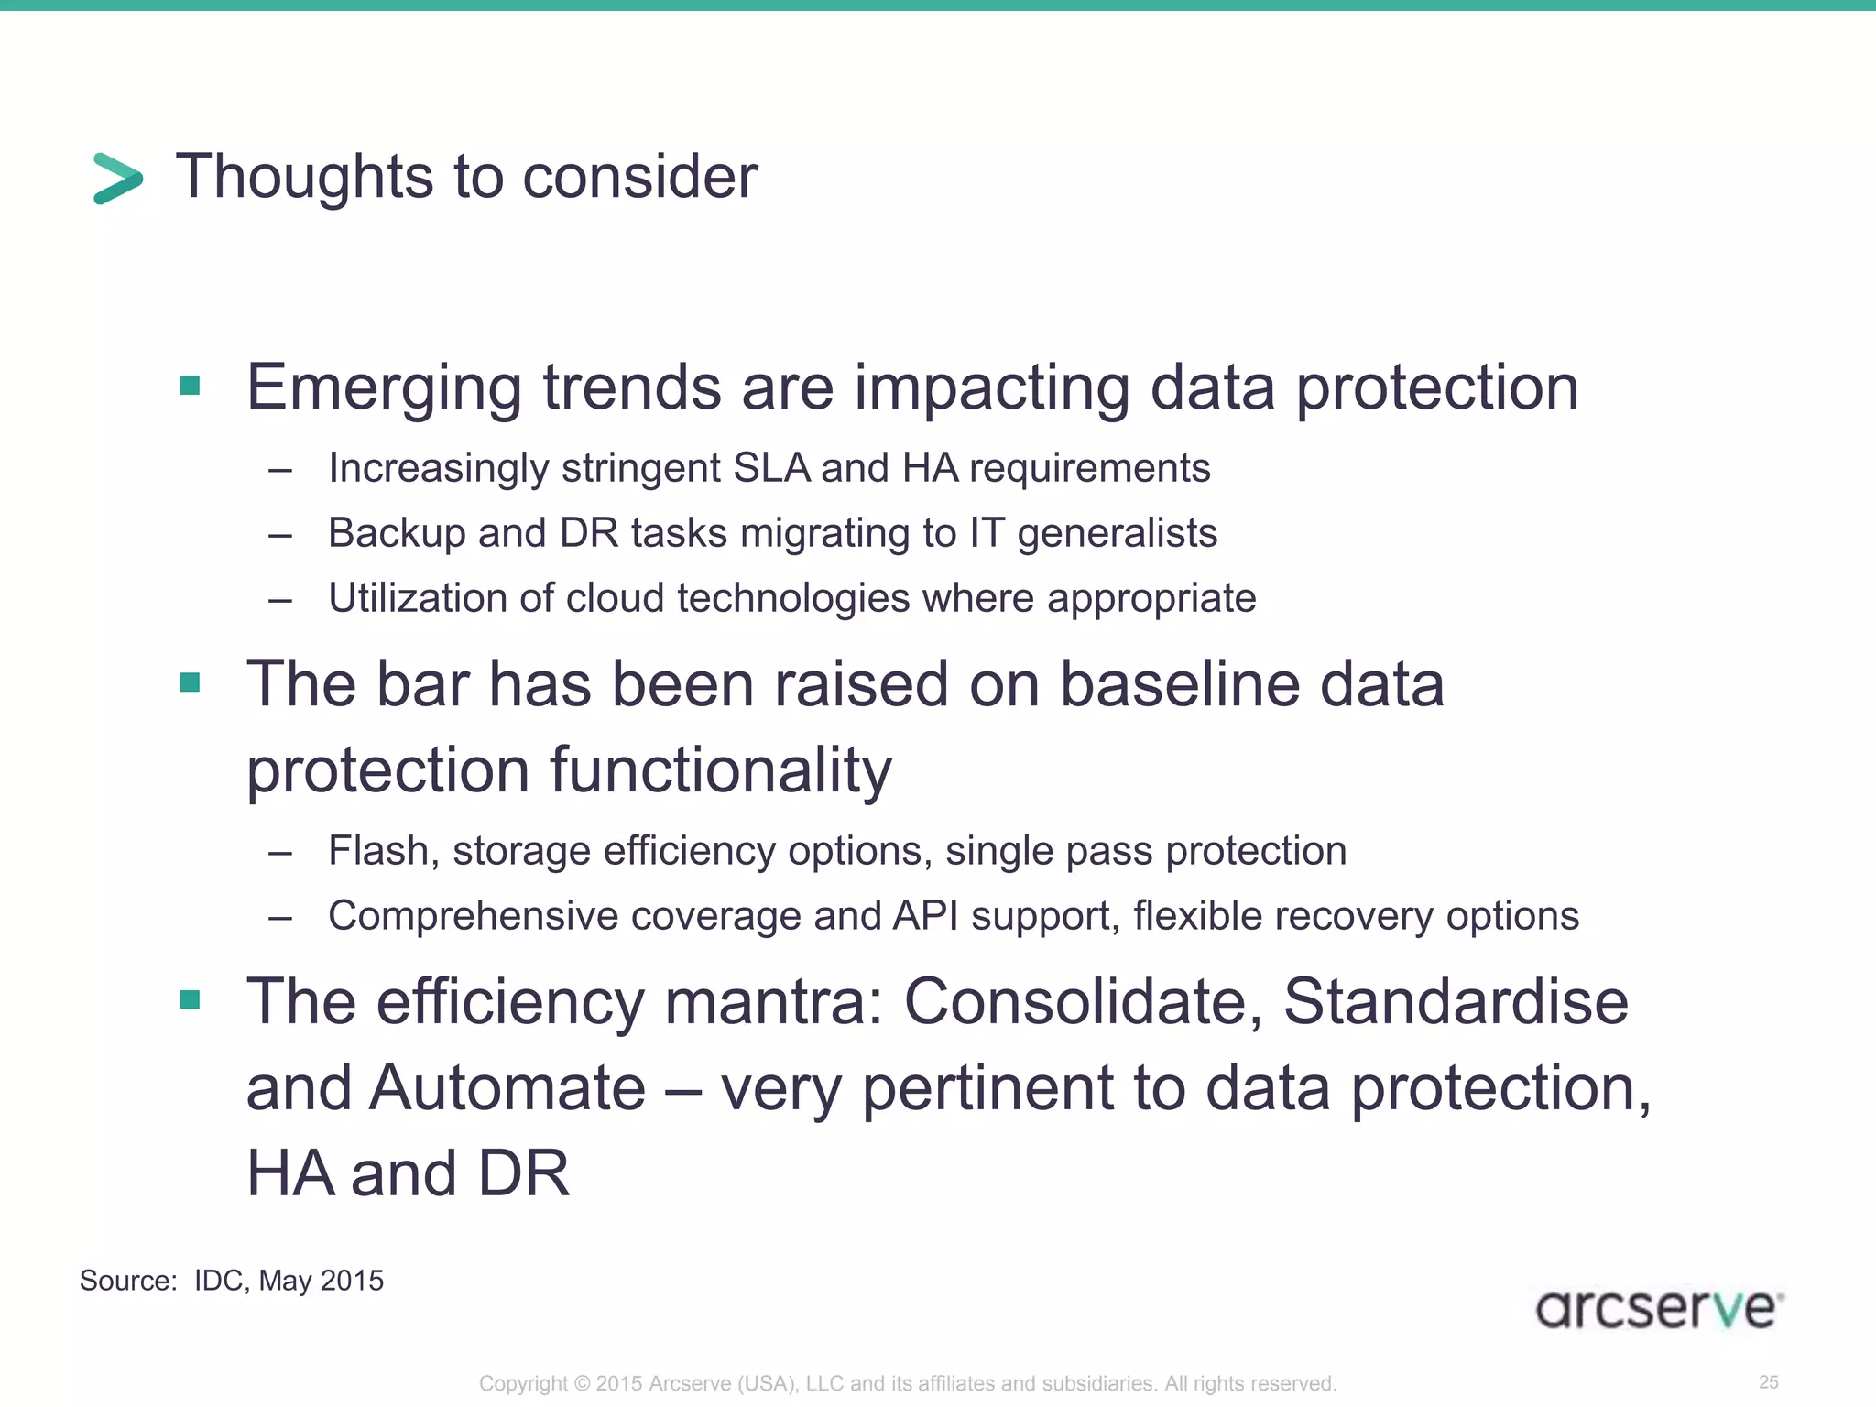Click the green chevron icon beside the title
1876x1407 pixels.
click(x=118, y=178)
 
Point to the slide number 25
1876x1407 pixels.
click(x=1769, y=1381)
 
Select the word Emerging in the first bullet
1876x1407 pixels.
click(x=384, y=388)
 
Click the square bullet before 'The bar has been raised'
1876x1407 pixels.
click(x=191, y=682)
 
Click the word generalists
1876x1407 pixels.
click(x=1117, y=533)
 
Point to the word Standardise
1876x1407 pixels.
click(x=1455, y=1001)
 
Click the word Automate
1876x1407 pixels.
click(x=507, y=1088)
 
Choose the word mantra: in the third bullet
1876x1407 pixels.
click(x=773, y=1001)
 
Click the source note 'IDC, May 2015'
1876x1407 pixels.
click(x=289, y=1280)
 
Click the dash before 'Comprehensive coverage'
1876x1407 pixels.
click(x=280, y=917)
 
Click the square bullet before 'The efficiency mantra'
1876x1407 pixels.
click(x=191, y=999)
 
